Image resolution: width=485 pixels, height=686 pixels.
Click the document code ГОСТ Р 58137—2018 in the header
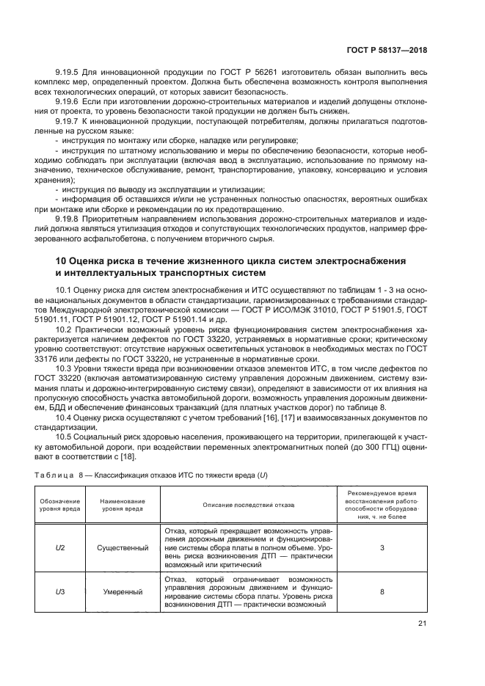tap(386, 51)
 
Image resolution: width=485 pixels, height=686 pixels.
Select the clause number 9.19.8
tap(70, 219)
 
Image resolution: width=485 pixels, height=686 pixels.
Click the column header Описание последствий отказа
tap(247, 505)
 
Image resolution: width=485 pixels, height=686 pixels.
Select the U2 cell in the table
tap(60, 547)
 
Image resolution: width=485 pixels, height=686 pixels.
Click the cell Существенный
tap(123, 547)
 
